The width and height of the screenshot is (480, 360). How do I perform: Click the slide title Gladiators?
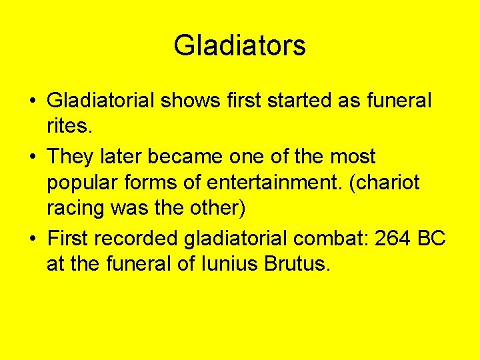tap(240, 45)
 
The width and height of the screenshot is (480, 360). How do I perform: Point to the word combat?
tap(331, 238)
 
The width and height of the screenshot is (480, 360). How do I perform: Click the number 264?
tap(393, 238)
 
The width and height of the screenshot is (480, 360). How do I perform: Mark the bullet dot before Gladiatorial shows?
tap(33, 102)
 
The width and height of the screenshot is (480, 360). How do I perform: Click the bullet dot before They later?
tap(33, 157)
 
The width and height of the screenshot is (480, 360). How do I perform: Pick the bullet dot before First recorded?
tap(33, 239)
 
